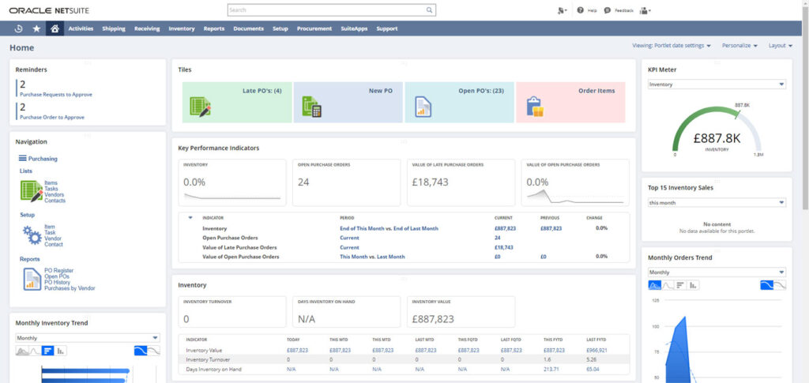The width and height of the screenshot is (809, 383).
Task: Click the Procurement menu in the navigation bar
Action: click(x=314, y=28)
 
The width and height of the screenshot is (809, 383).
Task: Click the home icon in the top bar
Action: click(x=55, y=28)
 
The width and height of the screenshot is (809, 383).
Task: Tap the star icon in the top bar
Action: click(x=36, y=28)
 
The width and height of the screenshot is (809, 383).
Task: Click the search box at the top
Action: click(x=331, y=10)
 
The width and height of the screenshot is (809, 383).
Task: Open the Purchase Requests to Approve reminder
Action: click(x=56, y=94)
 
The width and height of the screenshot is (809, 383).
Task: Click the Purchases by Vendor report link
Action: click(x=70, y=288)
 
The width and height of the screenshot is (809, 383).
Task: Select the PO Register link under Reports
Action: click(x=59, y=271)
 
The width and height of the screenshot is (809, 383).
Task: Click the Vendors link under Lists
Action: click(x=55, y=194)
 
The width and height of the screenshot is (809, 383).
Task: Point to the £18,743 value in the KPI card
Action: click(x=431, y=182)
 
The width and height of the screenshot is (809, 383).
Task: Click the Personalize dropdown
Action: click(x=739, y=46)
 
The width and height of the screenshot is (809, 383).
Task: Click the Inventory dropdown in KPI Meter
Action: click(x=717, y=84)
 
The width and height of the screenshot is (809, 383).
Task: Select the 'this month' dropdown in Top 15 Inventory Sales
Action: click(x=717, y=202)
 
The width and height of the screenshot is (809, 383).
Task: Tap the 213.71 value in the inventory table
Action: click(x=551, y=369)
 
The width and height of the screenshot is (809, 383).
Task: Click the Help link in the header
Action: click(x=587, y=10)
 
